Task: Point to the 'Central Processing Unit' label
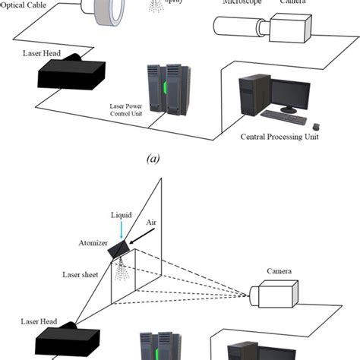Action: click(x=279, y=137)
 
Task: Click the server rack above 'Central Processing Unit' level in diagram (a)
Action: click(x=168, y=89)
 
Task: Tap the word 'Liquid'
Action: click(x=122, y=215)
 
